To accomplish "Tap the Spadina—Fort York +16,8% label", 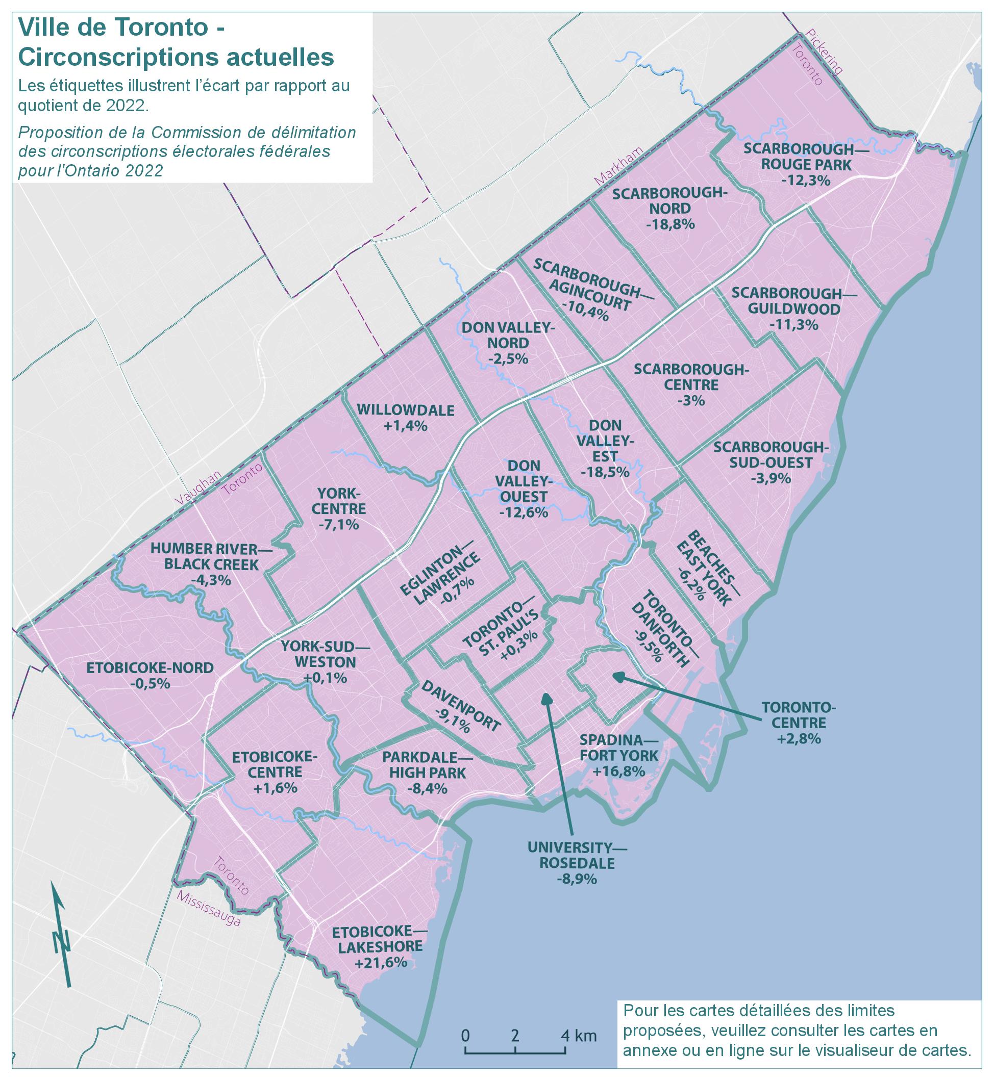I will pyautogui.click(x=618, y=755).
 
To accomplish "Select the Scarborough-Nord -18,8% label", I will pyautogui.click(x=669, y=209).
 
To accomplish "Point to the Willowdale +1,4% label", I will pyautogui.click(x=406, y=418).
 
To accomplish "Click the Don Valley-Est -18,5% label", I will pyautogui.click(x=605, y=449).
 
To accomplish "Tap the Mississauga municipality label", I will pyautogui.click(x=208, y=909).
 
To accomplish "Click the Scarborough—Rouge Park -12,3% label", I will pyautogui.click(x=806, y=165).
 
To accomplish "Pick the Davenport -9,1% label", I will pyautogui.click(x=461, y=706).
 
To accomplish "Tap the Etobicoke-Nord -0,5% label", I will pyautogui.click(x=150, y=675).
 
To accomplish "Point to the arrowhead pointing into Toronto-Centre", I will pyautogui.click(x=616, y=675).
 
